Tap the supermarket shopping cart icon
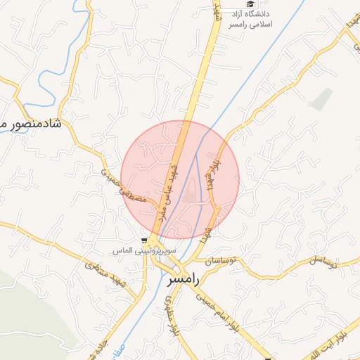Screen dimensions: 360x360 144,240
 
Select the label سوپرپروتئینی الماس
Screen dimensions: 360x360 146,251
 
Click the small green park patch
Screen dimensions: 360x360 321,99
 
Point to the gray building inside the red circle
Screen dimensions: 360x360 191,197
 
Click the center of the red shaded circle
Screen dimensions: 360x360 180,179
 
